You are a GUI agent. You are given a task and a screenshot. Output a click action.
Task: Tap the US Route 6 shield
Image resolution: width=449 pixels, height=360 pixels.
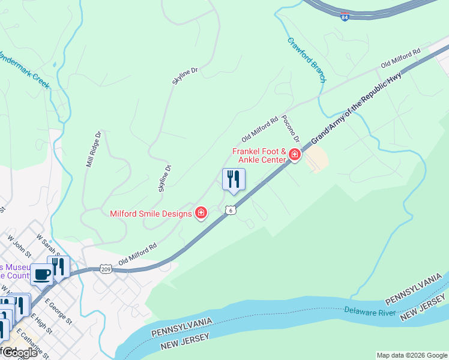(231, 210)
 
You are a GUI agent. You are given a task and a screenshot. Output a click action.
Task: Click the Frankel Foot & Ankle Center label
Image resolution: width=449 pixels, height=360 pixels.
(259, 155)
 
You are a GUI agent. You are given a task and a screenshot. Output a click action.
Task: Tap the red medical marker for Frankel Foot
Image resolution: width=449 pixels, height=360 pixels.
(294, 155)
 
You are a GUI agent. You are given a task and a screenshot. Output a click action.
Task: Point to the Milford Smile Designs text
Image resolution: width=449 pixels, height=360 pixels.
(151, 214)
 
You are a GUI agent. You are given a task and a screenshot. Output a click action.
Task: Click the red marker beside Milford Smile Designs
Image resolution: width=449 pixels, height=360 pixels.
(201, 213)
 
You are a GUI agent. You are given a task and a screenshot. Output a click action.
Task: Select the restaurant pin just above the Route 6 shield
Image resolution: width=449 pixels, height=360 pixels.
(233, 180)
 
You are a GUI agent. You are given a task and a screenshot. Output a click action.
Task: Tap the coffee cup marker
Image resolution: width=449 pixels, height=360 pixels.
(41, 275)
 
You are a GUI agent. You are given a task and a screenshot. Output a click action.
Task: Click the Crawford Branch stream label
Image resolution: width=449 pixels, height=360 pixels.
(306, 60)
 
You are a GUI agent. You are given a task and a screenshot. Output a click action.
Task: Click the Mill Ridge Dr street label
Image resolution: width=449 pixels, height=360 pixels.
(94, 149)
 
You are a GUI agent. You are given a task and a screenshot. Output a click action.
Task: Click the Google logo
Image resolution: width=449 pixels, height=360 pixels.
(19, 353)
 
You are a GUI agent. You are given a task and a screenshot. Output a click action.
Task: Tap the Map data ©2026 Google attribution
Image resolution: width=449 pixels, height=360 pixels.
(411, 355)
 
